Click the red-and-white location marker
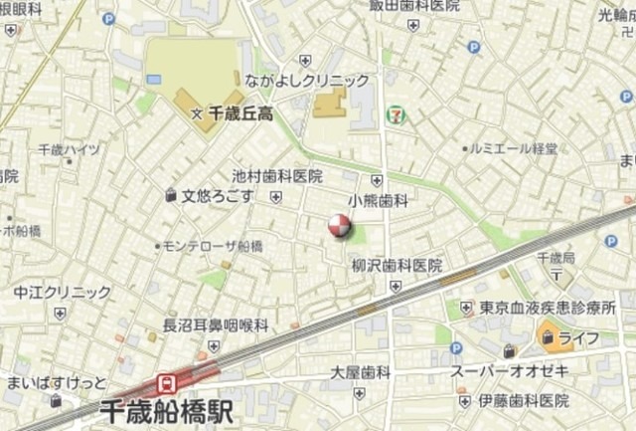click(340, 226)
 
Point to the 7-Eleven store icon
click(396, 114)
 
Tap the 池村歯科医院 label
click(277, 176)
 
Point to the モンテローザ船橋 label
click(213, 246)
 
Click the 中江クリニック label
click(63, 293)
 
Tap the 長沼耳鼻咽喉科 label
click(216, 324)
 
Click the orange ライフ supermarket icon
click(550, 338)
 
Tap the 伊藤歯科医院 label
click(523, 400)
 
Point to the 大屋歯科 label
click(361, 372)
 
